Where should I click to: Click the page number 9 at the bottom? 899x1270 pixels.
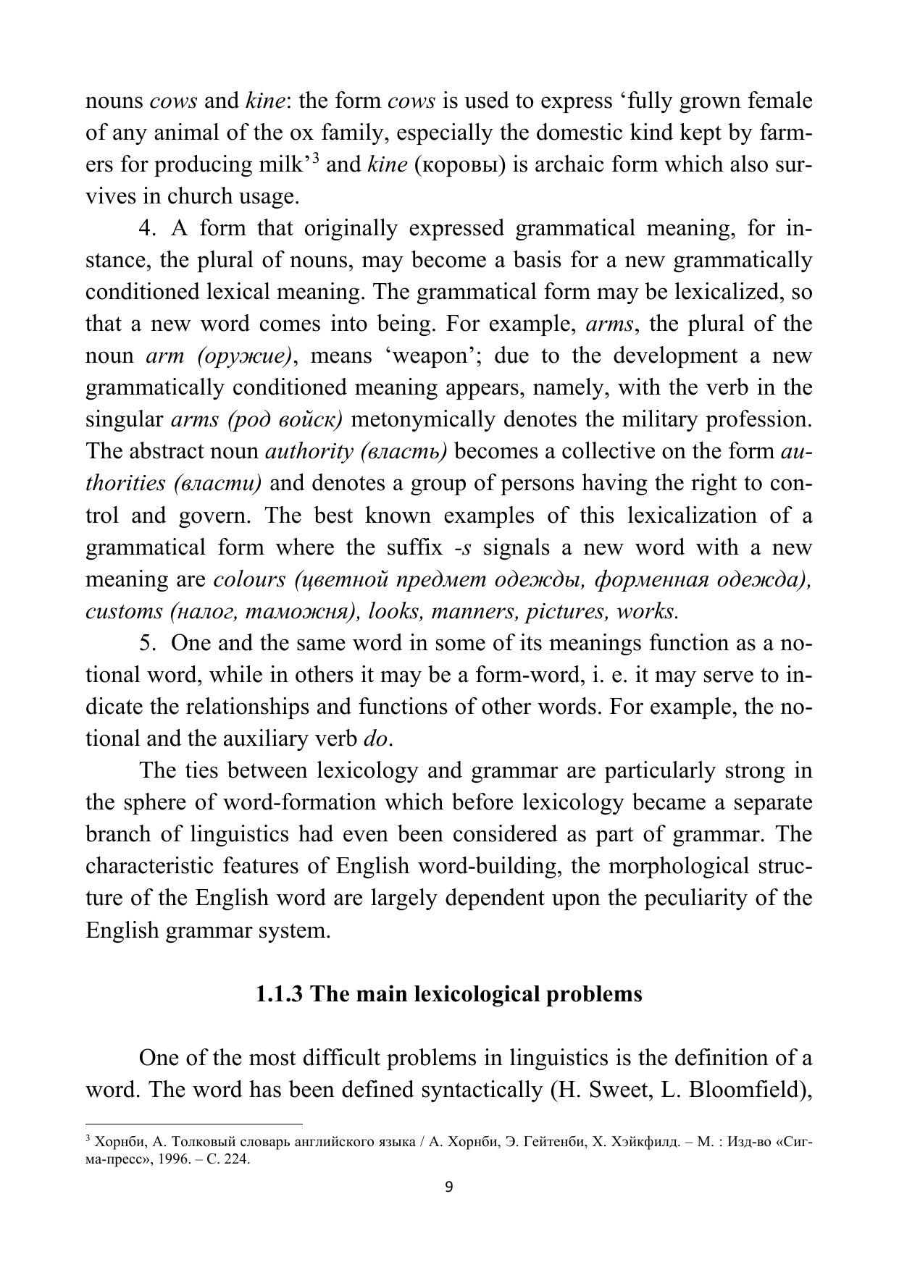click(x=448, y=1187)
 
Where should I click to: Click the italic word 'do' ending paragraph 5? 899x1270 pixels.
click(x=377, y=739)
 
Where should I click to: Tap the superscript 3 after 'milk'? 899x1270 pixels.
click(x=316, y=159)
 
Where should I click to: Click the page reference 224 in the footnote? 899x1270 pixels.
click(x=237, y=1158)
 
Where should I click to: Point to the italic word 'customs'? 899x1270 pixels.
click(x=124, y=611)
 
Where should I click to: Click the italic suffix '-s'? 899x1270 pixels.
click(x=463, y=547)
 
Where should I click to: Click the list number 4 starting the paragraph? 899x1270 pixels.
click(x=147, y=228)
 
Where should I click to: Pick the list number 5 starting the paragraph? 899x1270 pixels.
click(x=147, y=643)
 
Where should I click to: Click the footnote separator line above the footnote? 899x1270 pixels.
click(x=193, y=1124)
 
